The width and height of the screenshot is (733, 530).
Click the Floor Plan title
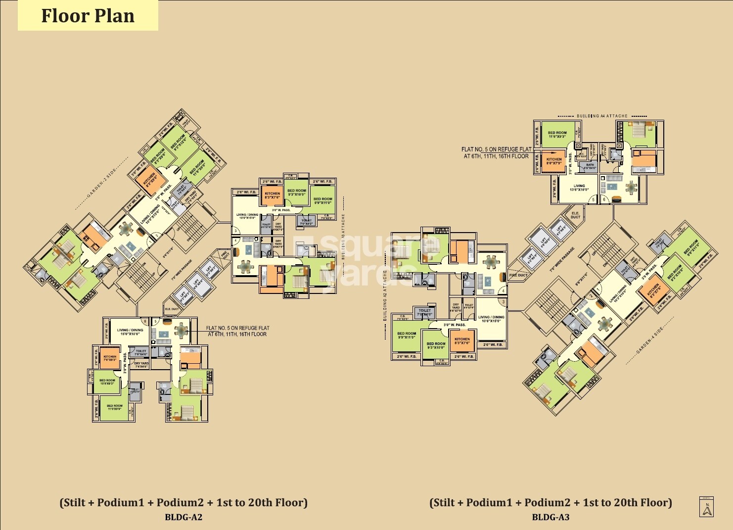[88, 16]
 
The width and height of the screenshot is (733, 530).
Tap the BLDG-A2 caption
[183, 517]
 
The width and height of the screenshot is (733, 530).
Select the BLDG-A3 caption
[550, 517]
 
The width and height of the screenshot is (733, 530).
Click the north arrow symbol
[706, 507]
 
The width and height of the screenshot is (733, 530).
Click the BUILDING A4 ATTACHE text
[602, 116]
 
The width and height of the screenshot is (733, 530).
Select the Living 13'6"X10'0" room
[579, 188]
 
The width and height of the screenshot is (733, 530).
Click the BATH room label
[590, 166]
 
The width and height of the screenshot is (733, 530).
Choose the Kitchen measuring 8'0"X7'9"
[554, 161]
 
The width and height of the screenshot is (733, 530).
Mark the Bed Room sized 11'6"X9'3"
[557, 134]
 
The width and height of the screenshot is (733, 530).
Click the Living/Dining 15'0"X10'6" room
[130, 332]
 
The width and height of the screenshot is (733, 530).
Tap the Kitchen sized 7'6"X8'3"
[110, 357]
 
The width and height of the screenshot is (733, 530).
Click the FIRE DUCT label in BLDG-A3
[518, 275]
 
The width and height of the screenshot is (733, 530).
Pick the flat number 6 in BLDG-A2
[144, 321]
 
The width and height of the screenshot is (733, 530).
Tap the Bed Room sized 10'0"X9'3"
[107, 382]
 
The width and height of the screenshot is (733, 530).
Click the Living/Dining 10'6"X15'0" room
[491, 319]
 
